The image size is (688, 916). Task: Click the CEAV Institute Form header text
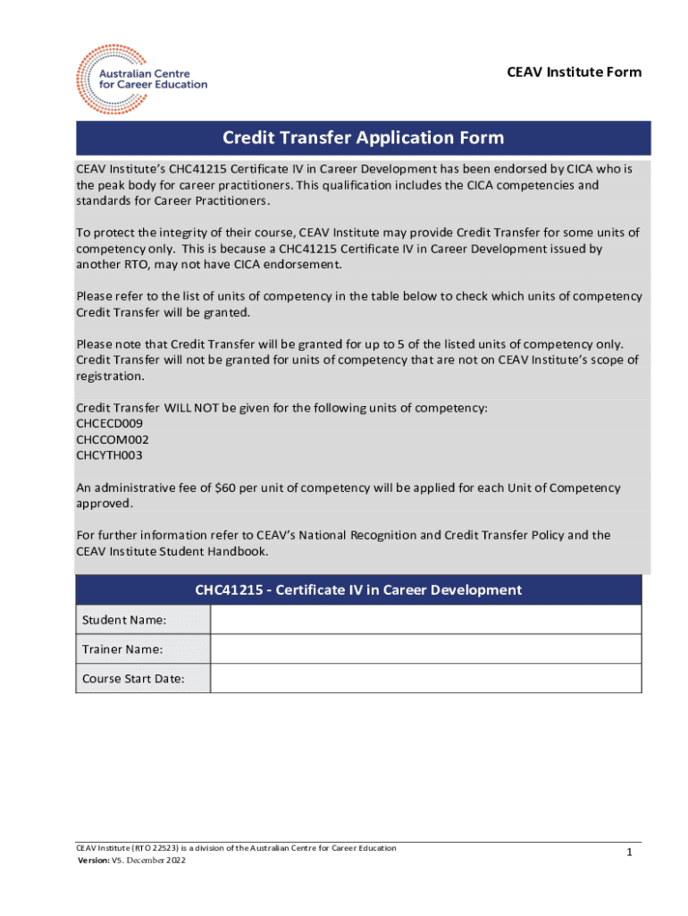tap(574, 72)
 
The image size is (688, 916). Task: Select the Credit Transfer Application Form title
tap(363, 138)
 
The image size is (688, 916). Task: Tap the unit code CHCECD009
tap(109, 423)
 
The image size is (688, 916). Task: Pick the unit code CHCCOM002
tap(113, 439)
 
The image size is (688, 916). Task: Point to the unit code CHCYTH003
tap(110, 455)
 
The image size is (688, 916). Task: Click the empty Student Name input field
tap(425, 619)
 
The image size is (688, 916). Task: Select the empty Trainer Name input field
tap(425, 649)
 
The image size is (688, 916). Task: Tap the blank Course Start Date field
tap(425, 678)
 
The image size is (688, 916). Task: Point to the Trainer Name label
tap(122, 649)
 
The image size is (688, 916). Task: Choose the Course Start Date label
tap(133, 678)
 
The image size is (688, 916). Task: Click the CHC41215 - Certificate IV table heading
tap(358, 590)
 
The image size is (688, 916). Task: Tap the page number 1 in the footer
tap(629, 853)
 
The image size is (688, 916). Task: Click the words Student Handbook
tap(216, 551)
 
